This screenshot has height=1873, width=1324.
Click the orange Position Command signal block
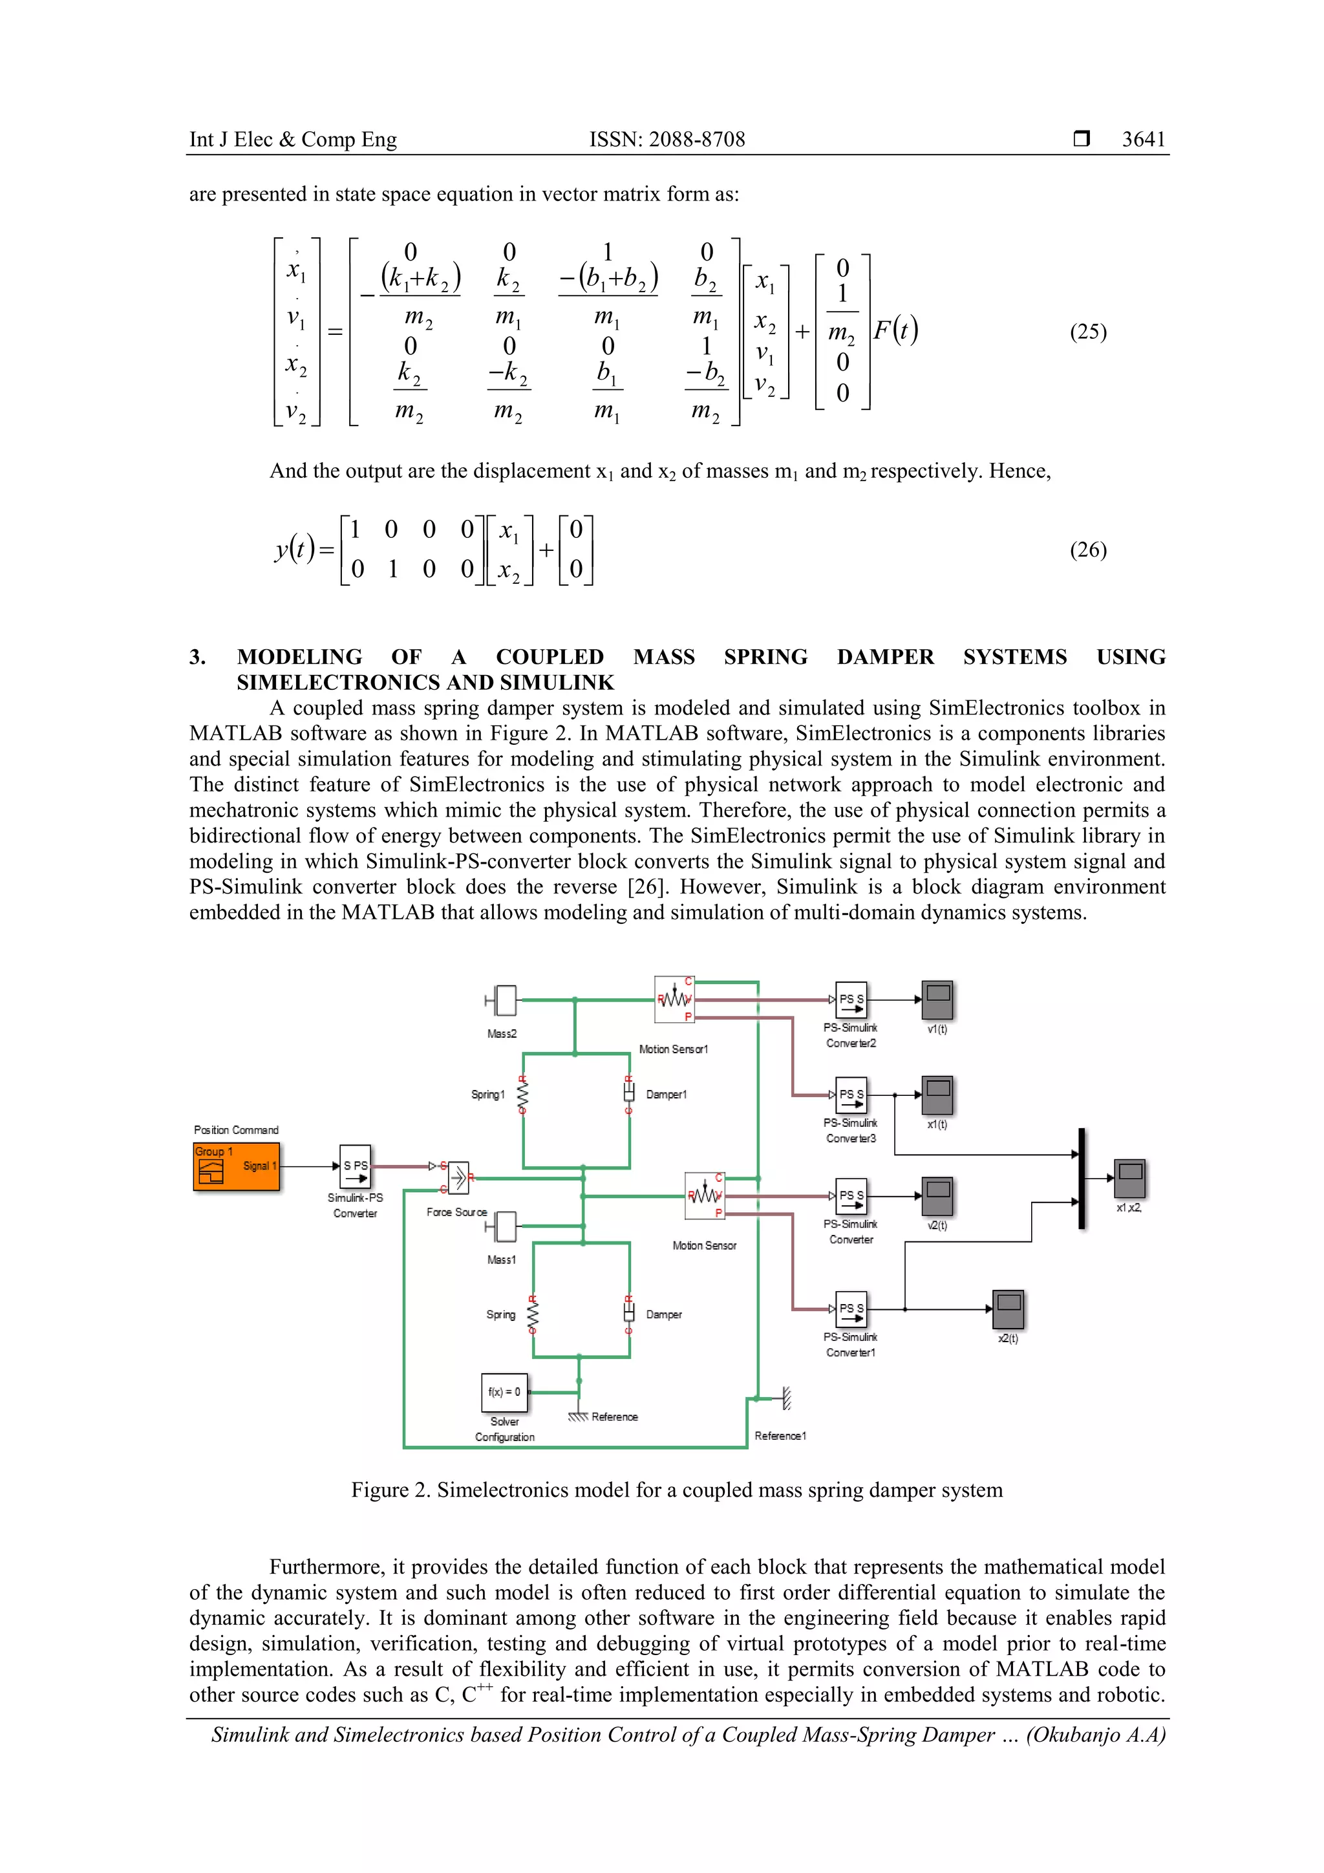236,1166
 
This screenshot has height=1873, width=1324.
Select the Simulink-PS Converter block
356,1166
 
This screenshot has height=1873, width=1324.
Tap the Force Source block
458,1178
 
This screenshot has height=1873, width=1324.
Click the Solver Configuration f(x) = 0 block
504,1393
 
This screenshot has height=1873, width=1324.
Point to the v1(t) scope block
937,1000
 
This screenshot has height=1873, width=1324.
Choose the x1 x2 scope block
1130,1178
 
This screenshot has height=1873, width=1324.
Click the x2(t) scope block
1009,1309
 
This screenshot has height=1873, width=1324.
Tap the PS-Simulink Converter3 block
851,1095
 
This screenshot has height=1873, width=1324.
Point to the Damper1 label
667,1095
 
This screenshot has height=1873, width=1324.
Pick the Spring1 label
488,1095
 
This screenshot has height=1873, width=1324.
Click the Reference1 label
780,1436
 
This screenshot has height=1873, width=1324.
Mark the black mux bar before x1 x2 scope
1082,1178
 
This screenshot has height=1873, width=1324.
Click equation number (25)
1088,332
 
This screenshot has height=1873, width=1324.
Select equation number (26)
1088,550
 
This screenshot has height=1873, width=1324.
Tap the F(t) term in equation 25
896,330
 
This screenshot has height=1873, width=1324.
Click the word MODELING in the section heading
299,657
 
